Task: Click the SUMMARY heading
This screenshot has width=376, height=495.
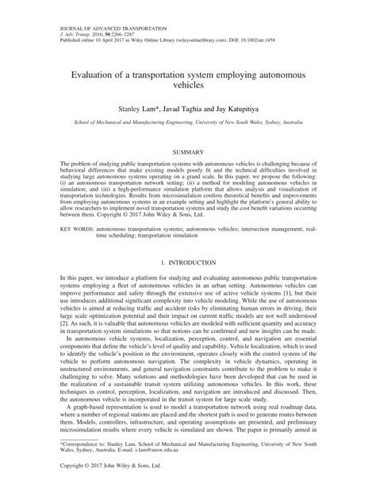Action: coord(187,128)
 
